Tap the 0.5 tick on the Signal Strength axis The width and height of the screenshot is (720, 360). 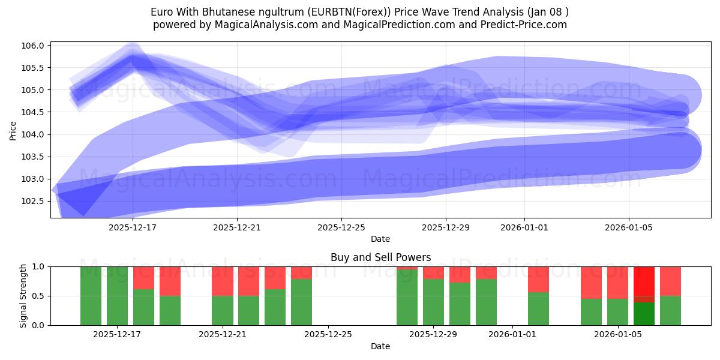pos(38,296)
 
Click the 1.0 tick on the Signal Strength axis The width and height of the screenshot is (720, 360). pos(38,266)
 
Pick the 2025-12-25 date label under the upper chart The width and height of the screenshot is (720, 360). pos(341,227)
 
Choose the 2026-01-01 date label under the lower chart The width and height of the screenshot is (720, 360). pos(512,335)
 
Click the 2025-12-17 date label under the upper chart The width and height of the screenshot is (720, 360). pos(133,227)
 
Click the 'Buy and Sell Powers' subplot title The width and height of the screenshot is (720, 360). pos(380,257)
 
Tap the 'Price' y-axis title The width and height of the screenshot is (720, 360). pos(13,130)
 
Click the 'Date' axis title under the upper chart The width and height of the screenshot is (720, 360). pos(380,239)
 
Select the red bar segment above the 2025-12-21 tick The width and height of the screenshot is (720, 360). pos(223,281)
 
